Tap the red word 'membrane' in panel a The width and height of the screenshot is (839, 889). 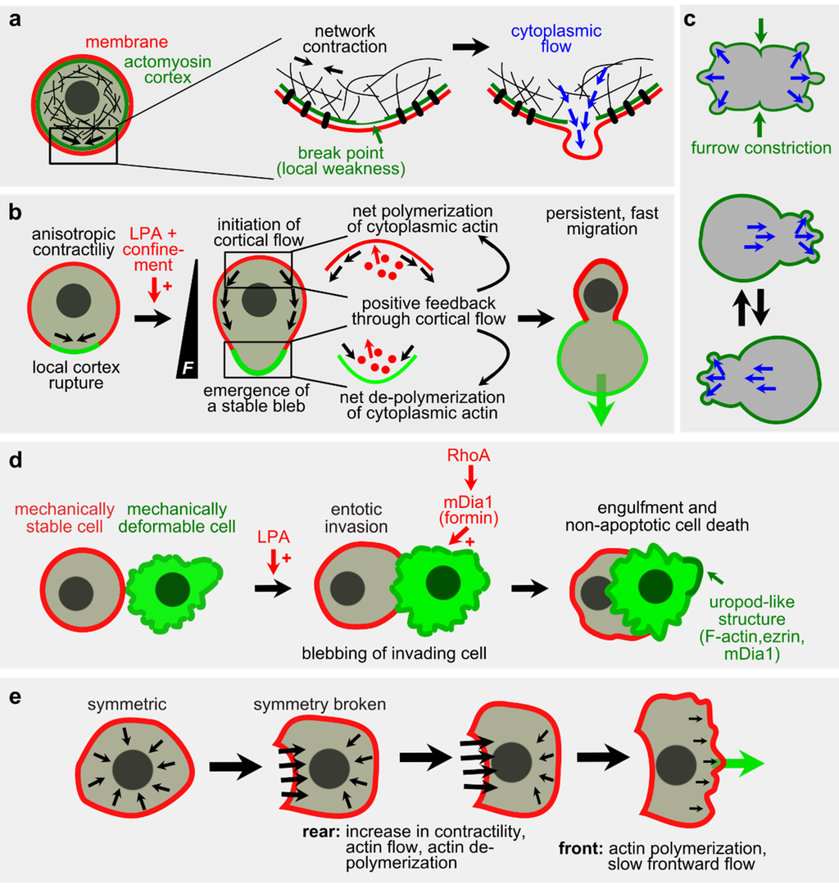click(x=72, y=41)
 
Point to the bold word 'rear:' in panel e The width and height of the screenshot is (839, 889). click(x=320, y=835)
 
